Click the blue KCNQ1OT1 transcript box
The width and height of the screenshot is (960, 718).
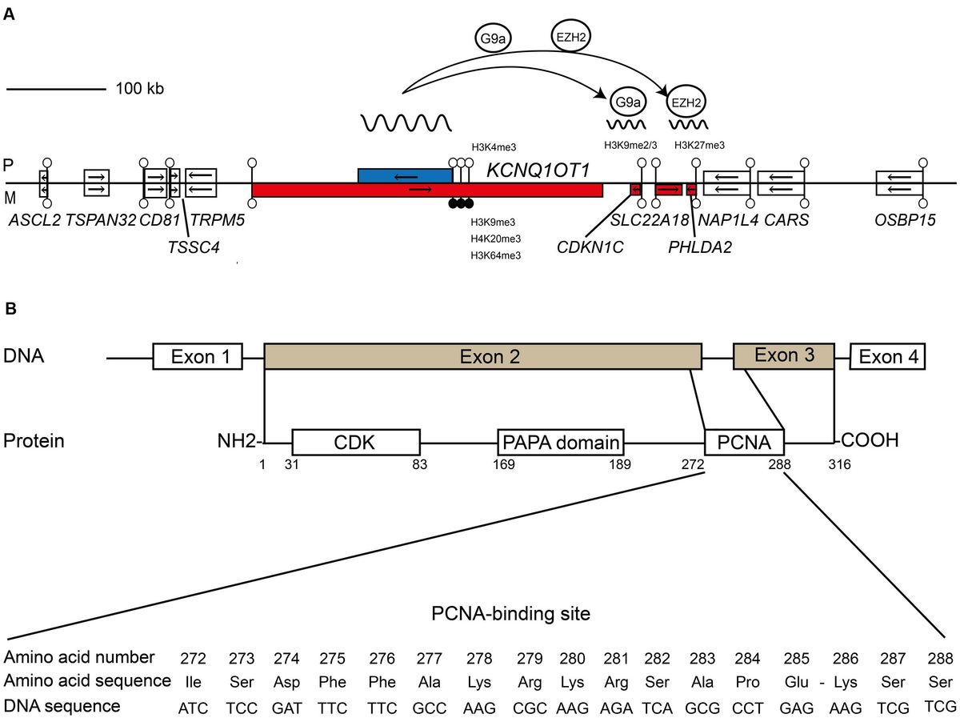(x=405, y=175)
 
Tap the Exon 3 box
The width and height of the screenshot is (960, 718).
(x=783, y=355)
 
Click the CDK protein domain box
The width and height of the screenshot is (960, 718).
(x=356, y=442)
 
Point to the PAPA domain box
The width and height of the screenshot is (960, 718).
(x=560, y=442)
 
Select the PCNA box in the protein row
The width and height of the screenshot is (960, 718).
(x=744, y=442)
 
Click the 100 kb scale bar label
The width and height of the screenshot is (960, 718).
(x=140, y=88)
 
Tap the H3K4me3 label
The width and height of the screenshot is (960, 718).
(x=494, y=146)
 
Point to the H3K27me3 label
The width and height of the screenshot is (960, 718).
(x=699, y=146)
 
